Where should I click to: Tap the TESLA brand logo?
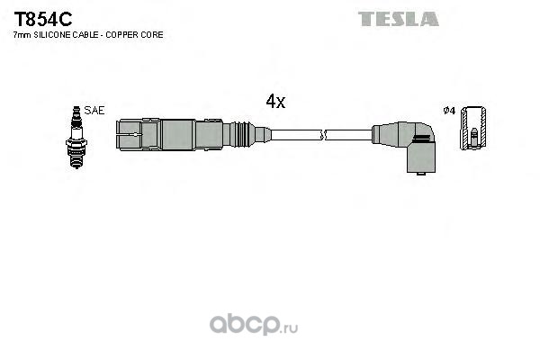tap(398, 18)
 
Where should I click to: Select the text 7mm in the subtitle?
tap(22, 34)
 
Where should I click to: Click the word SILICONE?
tap(52, 34)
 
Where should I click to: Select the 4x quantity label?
tap(275, 102)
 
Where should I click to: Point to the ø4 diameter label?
tap(449, 111)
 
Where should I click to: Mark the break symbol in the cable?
tap(325, 136)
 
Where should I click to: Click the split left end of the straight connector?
tap(129, 135)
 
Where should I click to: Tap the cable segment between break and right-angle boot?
tap(351, 136)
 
